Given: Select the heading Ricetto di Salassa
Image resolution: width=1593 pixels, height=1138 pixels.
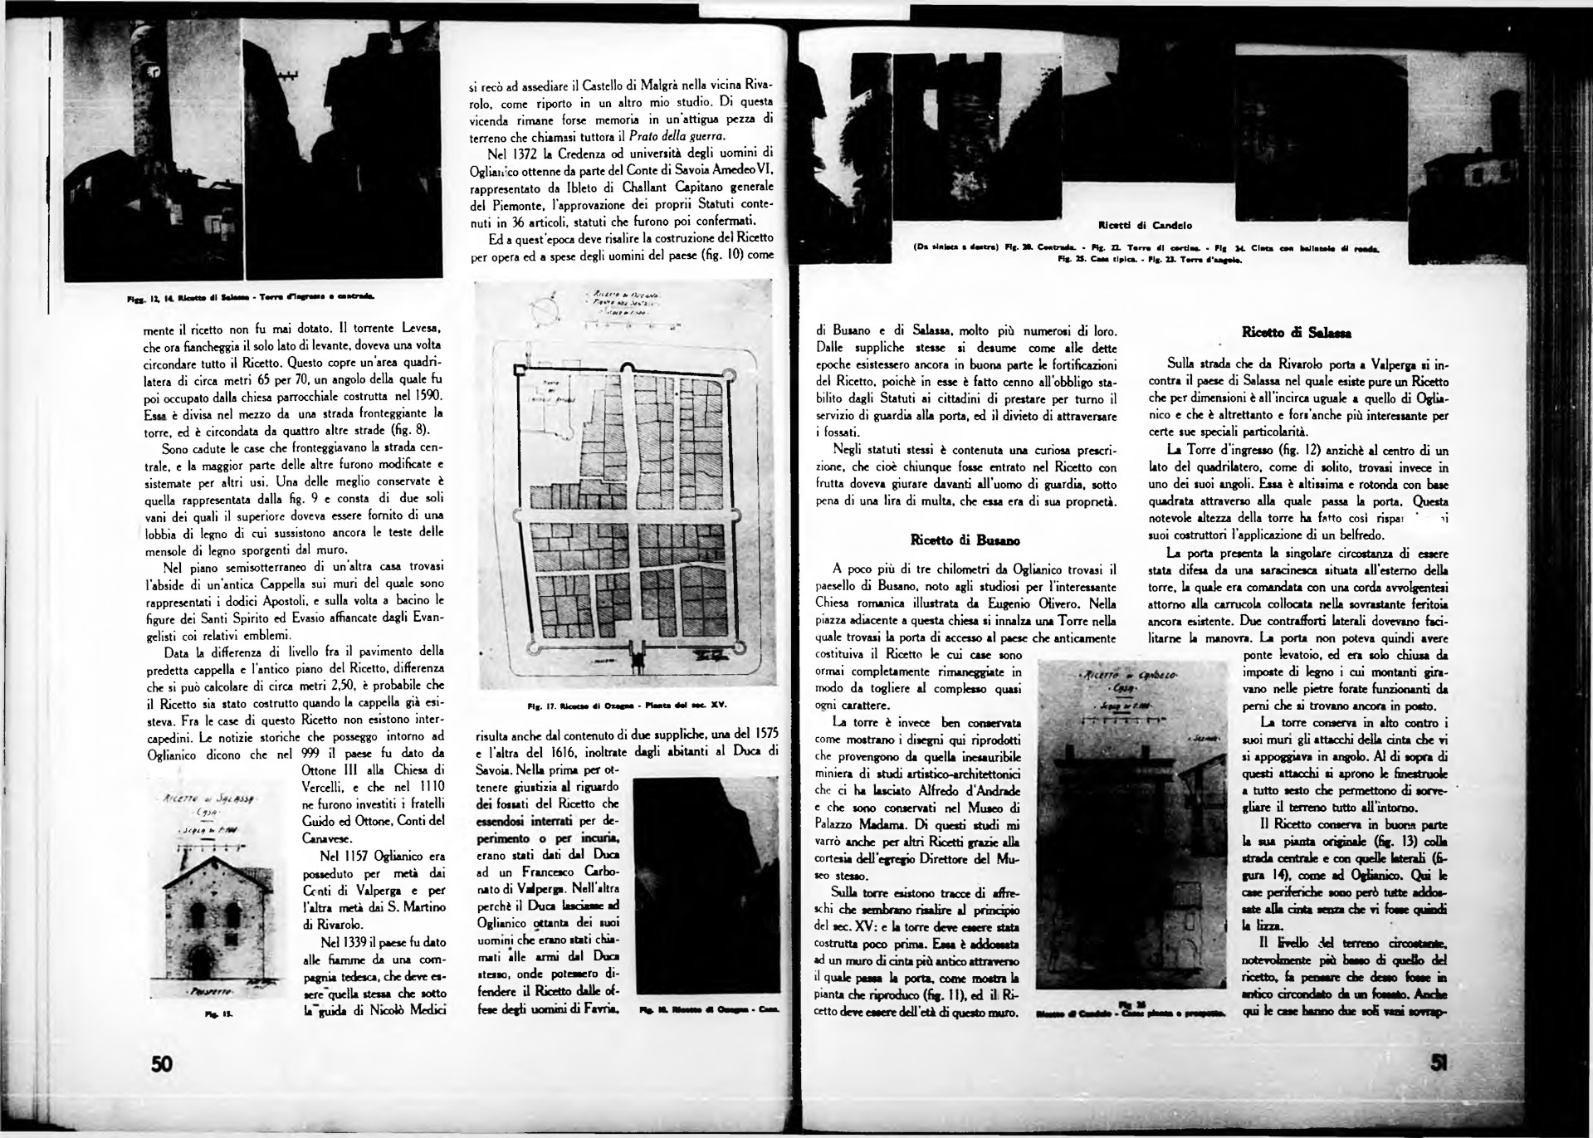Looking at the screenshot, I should (x=1296, y=333).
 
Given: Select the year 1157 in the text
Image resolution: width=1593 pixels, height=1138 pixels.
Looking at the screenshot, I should (x=337, y=855).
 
